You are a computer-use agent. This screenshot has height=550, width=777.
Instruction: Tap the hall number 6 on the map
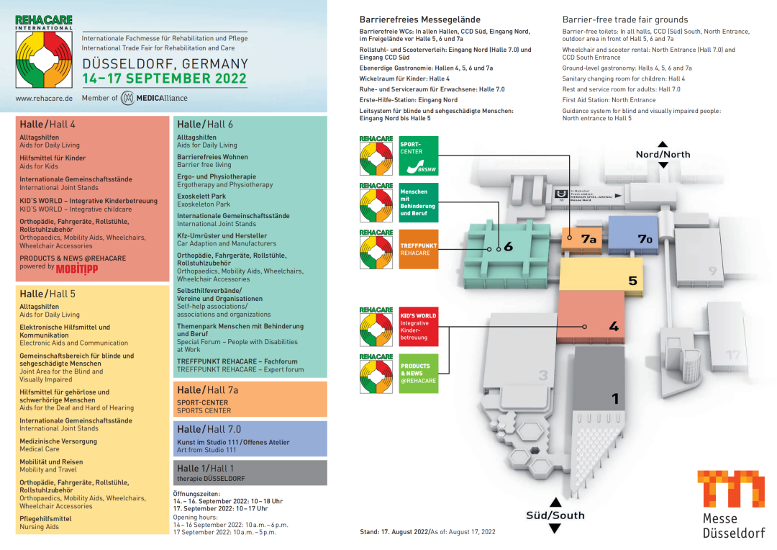pyautogui.click(x=508, y=247)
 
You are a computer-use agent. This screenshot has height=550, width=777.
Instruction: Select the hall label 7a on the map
pyautogui.click(x=589, y=238)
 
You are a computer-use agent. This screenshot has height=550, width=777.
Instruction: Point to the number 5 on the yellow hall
pyautogui.click(x=632, y=281)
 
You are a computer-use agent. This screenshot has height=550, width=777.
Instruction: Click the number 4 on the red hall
pyautogui.click(x=614, y=327)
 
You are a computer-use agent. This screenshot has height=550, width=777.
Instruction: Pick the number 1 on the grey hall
pyautogui.click(x=614, y=398)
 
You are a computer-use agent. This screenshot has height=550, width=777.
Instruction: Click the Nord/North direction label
pyautogui.click(x=663, y=154)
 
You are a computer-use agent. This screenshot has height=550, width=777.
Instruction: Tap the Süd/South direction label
pyautogui.click(x=555, y=515)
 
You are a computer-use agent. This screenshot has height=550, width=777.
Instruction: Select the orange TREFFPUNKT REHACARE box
pyautogui.click(x=418, y=249)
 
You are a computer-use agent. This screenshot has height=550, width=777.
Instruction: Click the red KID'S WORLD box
pyautogui.click(x=418, y=326)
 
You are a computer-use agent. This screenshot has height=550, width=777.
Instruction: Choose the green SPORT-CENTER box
pyautogui.click(x=418, y=156)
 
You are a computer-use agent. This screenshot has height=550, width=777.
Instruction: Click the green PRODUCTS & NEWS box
pyautogui.click(x=418, y=373)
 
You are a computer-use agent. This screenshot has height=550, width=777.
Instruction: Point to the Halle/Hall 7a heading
pyautogui.click(x=208, y=390)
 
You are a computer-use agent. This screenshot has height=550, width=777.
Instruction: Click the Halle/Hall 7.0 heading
pyautogui.click(x=209, y=429)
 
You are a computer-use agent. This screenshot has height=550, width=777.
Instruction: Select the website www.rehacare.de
pyautogui.click(x=44, y=98)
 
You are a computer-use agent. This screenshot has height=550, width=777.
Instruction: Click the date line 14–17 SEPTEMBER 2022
pyautogui.click(x=165, y=78)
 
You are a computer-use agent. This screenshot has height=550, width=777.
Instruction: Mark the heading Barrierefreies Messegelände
pyautogui.click(x=419, y=19)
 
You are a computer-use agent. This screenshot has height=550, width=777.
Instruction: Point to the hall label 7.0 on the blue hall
pyautogui.click(x=645, y=239)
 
